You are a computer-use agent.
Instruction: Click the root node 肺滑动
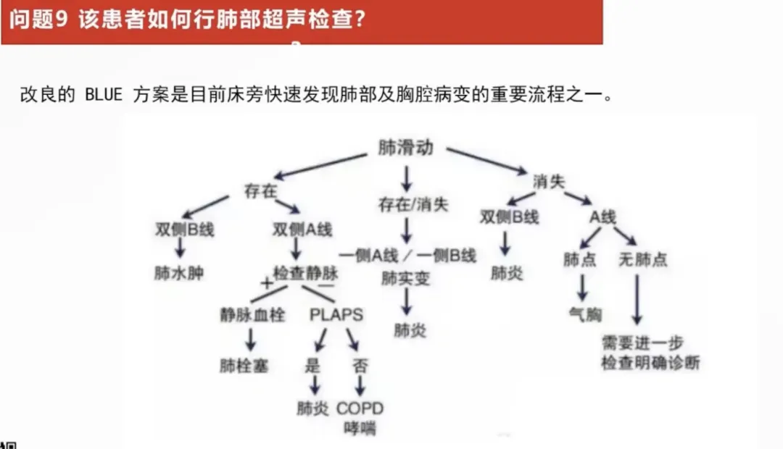[405, 148]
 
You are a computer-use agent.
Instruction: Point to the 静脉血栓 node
[253, 315]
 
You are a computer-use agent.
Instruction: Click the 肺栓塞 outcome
[244, 366]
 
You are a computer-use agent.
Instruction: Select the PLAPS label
[336, 315]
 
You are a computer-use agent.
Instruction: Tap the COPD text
[360, 408]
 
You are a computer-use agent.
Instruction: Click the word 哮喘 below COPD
[360, 427]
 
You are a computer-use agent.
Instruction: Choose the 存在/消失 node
[413, 204]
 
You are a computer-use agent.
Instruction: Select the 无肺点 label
[642, 259]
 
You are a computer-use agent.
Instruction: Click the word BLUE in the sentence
[104, 95]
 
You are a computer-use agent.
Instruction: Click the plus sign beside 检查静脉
[266, 283]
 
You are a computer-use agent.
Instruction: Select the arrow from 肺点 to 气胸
[581, 287]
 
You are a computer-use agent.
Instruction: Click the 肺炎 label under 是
[313, 408]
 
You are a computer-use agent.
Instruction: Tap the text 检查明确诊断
[650, 363]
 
